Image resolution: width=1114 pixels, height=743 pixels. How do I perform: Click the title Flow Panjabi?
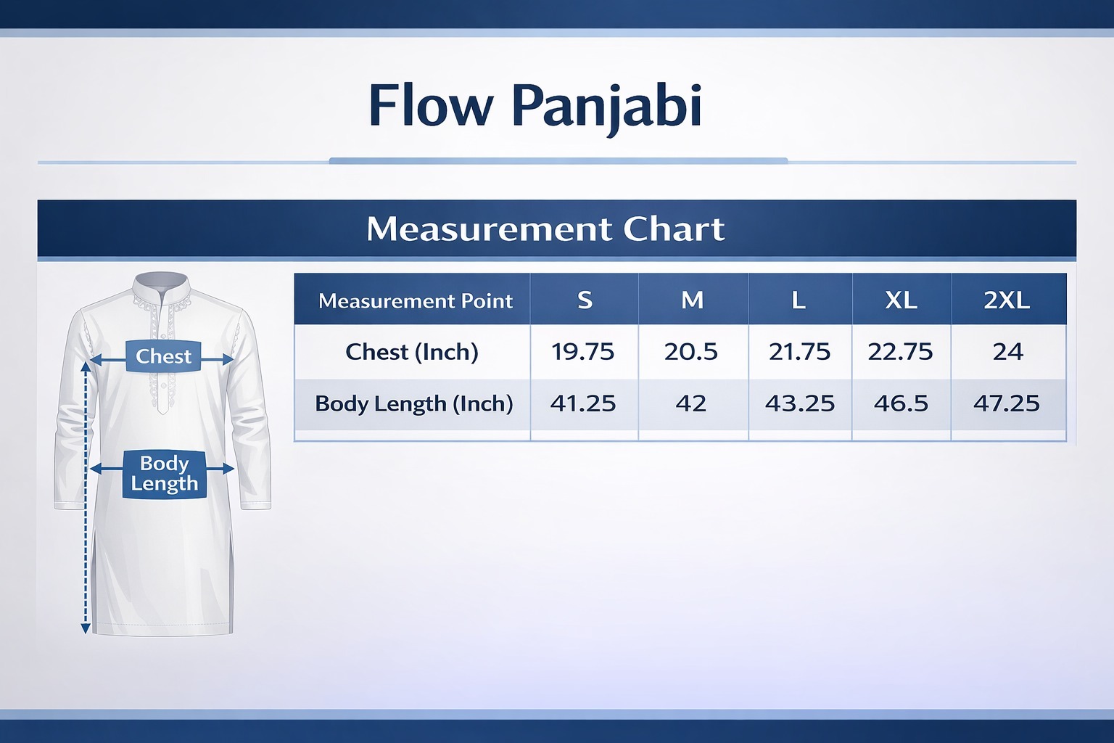point(535,106)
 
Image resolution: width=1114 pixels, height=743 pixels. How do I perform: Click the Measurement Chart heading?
point(545,229)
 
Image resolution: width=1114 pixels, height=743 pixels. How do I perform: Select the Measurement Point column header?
point(415,300)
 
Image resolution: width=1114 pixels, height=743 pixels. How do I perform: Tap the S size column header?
point(585,300)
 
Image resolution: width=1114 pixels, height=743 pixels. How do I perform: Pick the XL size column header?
point(901,300)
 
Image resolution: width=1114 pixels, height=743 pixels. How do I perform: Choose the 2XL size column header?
point(1007,300)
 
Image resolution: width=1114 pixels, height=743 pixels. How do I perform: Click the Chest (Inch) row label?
point(412,352)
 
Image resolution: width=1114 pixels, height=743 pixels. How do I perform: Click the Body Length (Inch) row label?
point(413,403)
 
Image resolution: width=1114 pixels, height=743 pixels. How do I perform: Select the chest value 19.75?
point(582,352)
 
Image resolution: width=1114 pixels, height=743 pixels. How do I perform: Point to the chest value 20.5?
point(690,352)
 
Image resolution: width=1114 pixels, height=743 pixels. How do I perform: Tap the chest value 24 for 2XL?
point(1007,352)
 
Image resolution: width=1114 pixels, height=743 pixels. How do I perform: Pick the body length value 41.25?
point(582,403)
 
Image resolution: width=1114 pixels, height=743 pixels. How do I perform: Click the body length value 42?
point(690,403)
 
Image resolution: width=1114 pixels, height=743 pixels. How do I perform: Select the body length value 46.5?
point(901,403)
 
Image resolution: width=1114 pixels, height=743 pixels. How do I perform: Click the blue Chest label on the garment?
point(163,356)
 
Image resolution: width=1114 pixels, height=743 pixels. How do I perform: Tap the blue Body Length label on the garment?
point(164,474)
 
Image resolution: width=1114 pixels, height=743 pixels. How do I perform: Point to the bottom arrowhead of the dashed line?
point(86,628)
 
